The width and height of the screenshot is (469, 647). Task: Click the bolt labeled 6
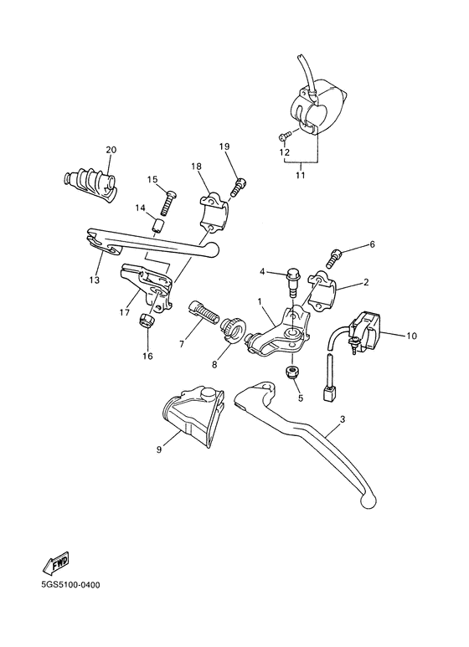point(338,252)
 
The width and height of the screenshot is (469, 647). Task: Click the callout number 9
point(157,449)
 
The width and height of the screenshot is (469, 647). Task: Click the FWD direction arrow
point(54,564)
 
